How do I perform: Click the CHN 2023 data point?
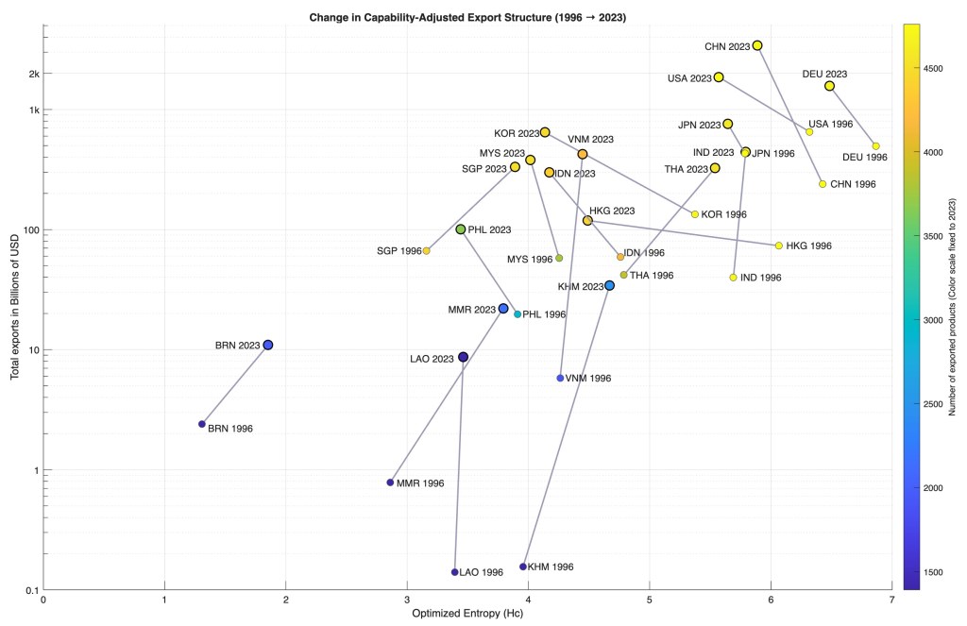(757, 45)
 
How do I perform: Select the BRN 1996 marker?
(202, 424)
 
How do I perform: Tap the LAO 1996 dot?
(454, 572)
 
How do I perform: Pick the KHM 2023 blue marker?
(609, 285)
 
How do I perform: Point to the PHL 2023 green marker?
(461, 229)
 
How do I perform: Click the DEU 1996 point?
(876, 146)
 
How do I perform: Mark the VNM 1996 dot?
(560, 378)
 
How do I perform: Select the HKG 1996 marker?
(778, 245)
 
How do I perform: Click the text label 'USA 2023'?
(687, 77)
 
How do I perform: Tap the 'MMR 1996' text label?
(420, 483)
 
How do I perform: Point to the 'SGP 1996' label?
(399, 251)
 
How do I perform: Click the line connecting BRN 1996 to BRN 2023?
(235, 384)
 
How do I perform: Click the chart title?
(467, 16)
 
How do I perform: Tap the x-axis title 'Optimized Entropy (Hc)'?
(467, 613)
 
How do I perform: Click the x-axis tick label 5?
(649, 599)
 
